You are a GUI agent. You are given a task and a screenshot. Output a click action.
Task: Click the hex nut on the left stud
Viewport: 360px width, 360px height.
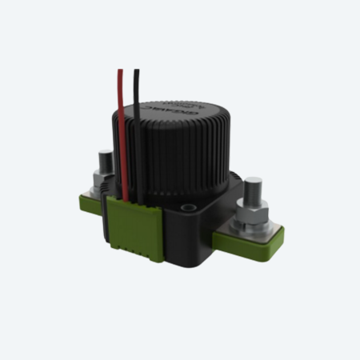click(103, 178)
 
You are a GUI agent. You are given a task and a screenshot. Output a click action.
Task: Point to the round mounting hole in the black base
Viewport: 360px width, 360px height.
click(190, 207)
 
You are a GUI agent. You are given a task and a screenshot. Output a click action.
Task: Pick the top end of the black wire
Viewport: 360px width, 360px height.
click(137, 72)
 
